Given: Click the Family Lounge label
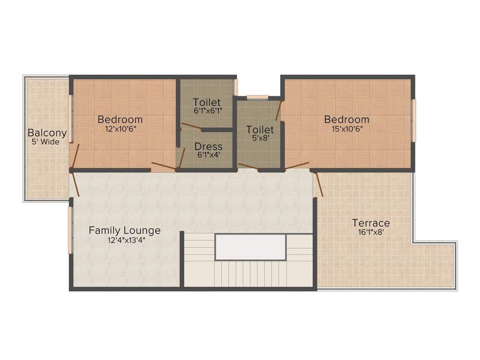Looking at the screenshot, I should [x=125, y=230].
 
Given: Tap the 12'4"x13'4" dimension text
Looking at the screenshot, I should [x=125, y=240].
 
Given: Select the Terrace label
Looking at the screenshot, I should [x=371, y=223].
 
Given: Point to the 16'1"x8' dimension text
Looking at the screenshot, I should [x=371, y=232].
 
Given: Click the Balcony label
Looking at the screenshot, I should [x=47, y=133].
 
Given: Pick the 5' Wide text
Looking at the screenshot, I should [x=47, y=142].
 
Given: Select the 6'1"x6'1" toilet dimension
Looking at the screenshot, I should [x=207, y=111].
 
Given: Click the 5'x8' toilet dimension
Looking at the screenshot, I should [x=260, y=138].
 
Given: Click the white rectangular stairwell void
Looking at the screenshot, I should [x=250, y=247].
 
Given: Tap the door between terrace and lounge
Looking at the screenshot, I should [x=318, y=184].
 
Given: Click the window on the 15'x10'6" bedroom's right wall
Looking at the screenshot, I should [x=413, y=120].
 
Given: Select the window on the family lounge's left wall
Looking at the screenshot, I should [x=70, y=230].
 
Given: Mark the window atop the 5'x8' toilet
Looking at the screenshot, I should [x=257, y=97].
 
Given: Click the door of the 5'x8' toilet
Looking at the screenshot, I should [x=248, y=166].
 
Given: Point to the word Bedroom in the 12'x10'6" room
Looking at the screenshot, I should [x=120, y=119].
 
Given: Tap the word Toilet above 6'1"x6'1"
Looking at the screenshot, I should [x=207, y=102].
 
